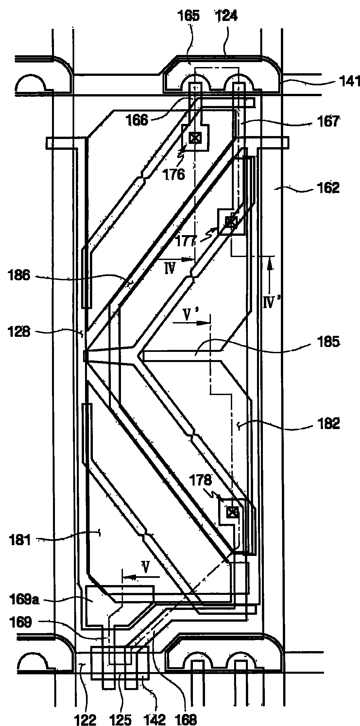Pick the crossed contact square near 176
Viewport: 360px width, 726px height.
[x=195, y=138]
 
